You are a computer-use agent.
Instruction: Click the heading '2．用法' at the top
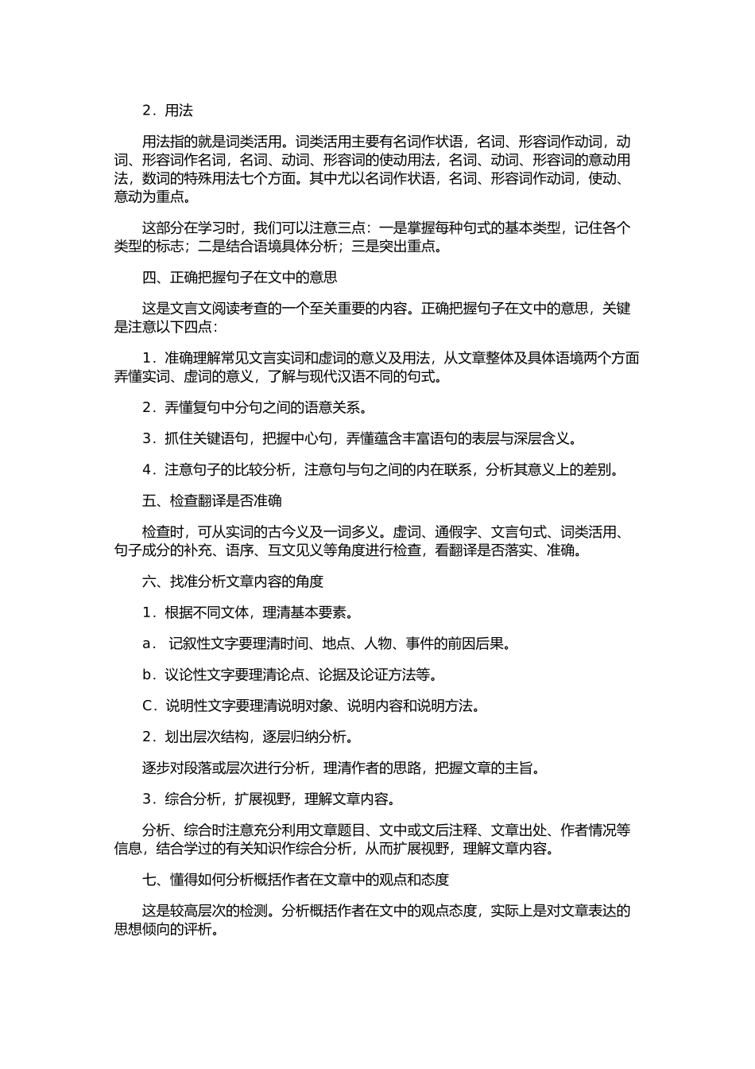coord(167,111)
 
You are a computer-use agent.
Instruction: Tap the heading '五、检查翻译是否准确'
coord(211,501)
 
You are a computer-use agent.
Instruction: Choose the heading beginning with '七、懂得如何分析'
coord(295,880)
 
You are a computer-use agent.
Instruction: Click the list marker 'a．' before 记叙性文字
coord(149,644)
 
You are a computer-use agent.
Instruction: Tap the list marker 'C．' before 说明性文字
coord(149,706)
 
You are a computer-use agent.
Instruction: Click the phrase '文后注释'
coord(448,830)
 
